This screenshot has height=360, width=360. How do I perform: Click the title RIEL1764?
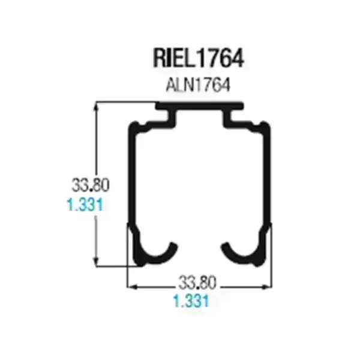(x=199, y=58)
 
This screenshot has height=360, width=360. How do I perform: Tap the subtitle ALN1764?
(x=197, y=85)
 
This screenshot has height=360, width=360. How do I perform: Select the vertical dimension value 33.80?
(x=91, y=185)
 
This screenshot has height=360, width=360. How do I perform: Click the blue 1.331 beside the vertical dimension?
(x=85, y=205)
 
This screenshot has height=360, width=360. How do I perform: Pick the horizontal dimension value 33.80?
(x=197, y=283)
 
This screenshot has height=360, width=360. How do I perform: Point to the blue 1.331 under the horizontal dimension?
(x=191, y=301)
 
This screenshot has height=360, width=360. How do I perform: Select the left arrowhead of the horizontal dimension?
(x=133, y=287)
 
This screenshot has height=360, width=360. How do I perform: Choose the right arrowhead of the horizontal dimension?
(x=266, y=287)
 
